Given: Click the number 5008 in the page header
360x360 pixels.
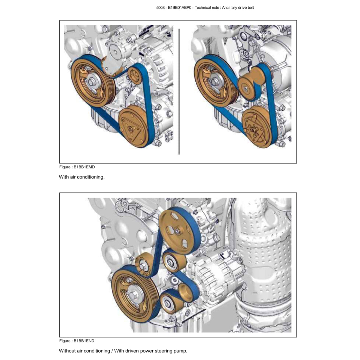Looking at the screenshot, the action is tap(160, 8).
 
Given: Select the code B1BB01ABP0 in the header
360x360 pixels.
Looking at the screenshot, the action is tap(180, 8).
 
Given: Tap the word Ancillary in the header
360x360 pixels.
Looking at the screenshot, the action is tap(230, 8).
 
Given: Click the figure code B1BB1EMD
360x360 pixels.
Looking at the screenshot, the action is tap(84, 167).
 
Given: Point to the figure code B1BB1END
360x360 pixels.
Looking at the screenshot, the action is tap(84, 341).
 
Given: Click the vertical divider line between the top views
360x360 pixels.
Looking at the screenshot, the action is tap(179, 91).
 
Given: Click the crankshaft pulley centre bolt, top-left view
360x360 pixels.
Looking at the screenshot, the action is tap(91, 82).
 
